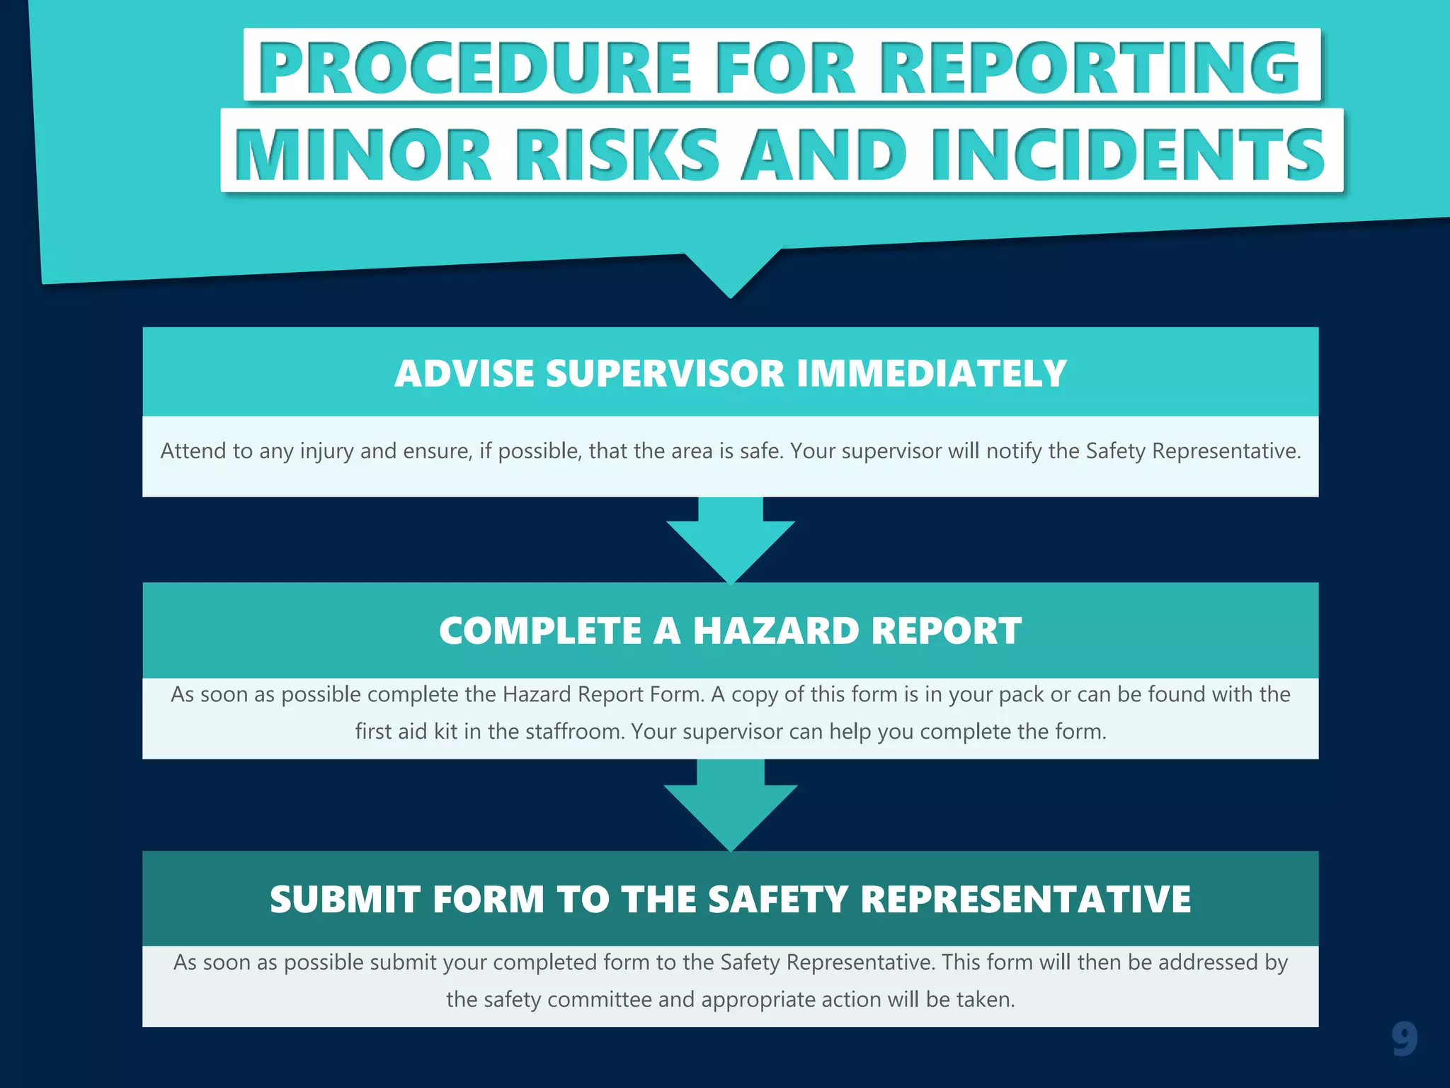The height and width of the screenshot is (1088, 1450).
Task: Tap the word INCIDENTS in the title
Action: [1128, 154]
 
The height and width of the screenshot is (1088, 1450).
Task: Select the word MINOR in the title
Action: [362, 154]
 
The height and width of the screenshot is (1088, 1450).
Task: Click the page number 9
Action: [1404, 1039]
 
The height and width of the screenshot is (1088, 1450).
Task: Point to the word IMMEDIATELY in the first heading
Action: [931, 373]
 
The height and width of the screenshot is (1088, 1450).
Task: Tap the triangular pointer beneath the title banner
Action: [731, 273]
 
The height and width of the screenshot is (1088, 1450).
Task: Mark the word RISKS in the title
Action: [616, 154]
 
